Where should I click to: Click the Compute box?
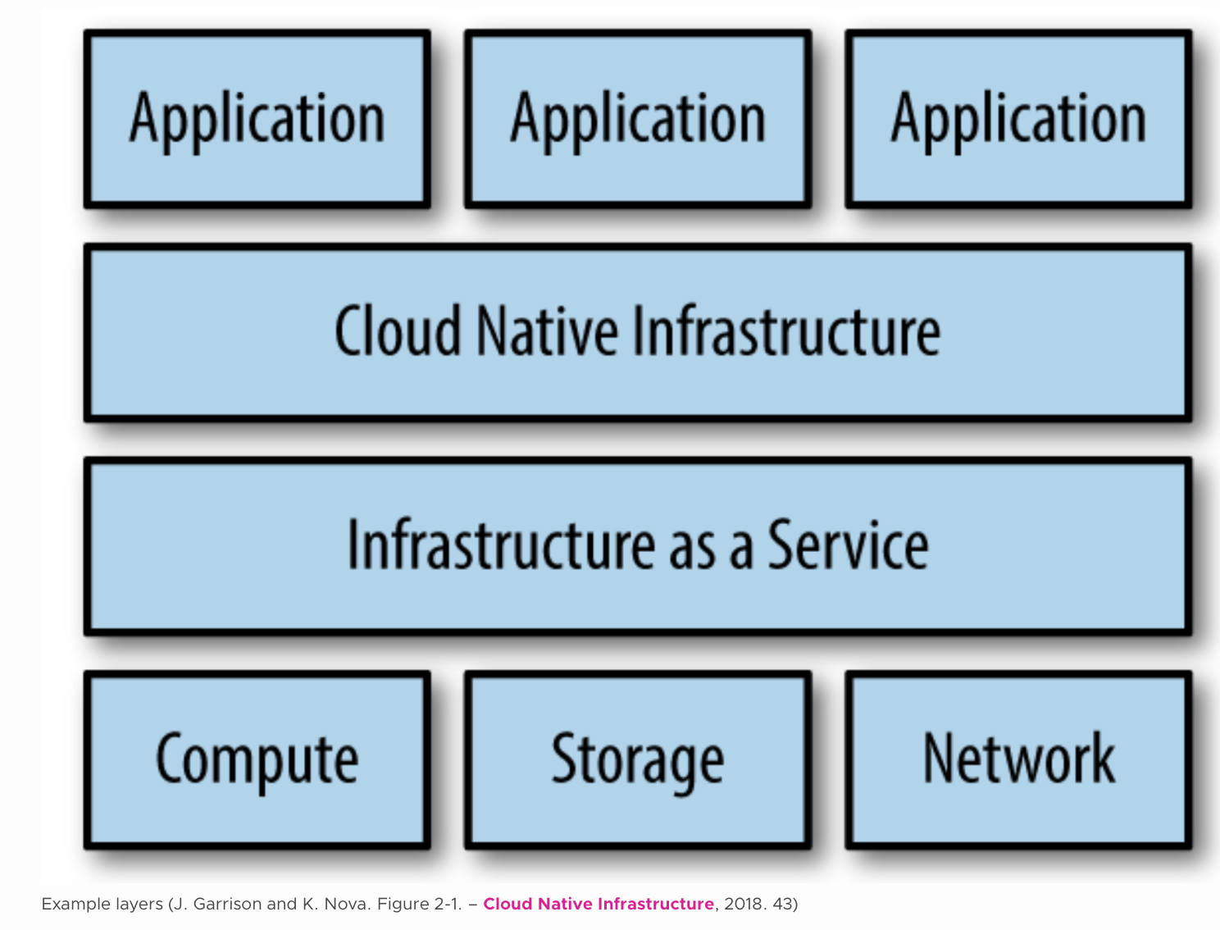point(257,759)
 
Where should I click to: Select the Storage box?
point(638,759)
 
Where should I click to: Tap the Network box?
point(1019,759)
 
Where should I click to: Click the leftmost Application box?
point(257,119)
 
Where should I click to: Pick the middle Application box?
point(638,119)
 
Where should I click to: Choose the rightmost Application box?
point(1019,119)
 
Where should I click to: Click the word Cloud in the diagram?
point(398,331)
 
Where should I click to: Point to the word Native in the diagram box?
point(547,331)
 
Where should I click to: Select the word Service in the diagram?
point(848,545)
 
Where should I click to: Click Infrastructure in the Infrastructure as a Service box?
point(501,545)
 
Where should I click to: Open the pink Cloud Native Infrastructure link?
point(599,904)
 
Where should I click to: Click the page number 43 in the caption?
point(783,904)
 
